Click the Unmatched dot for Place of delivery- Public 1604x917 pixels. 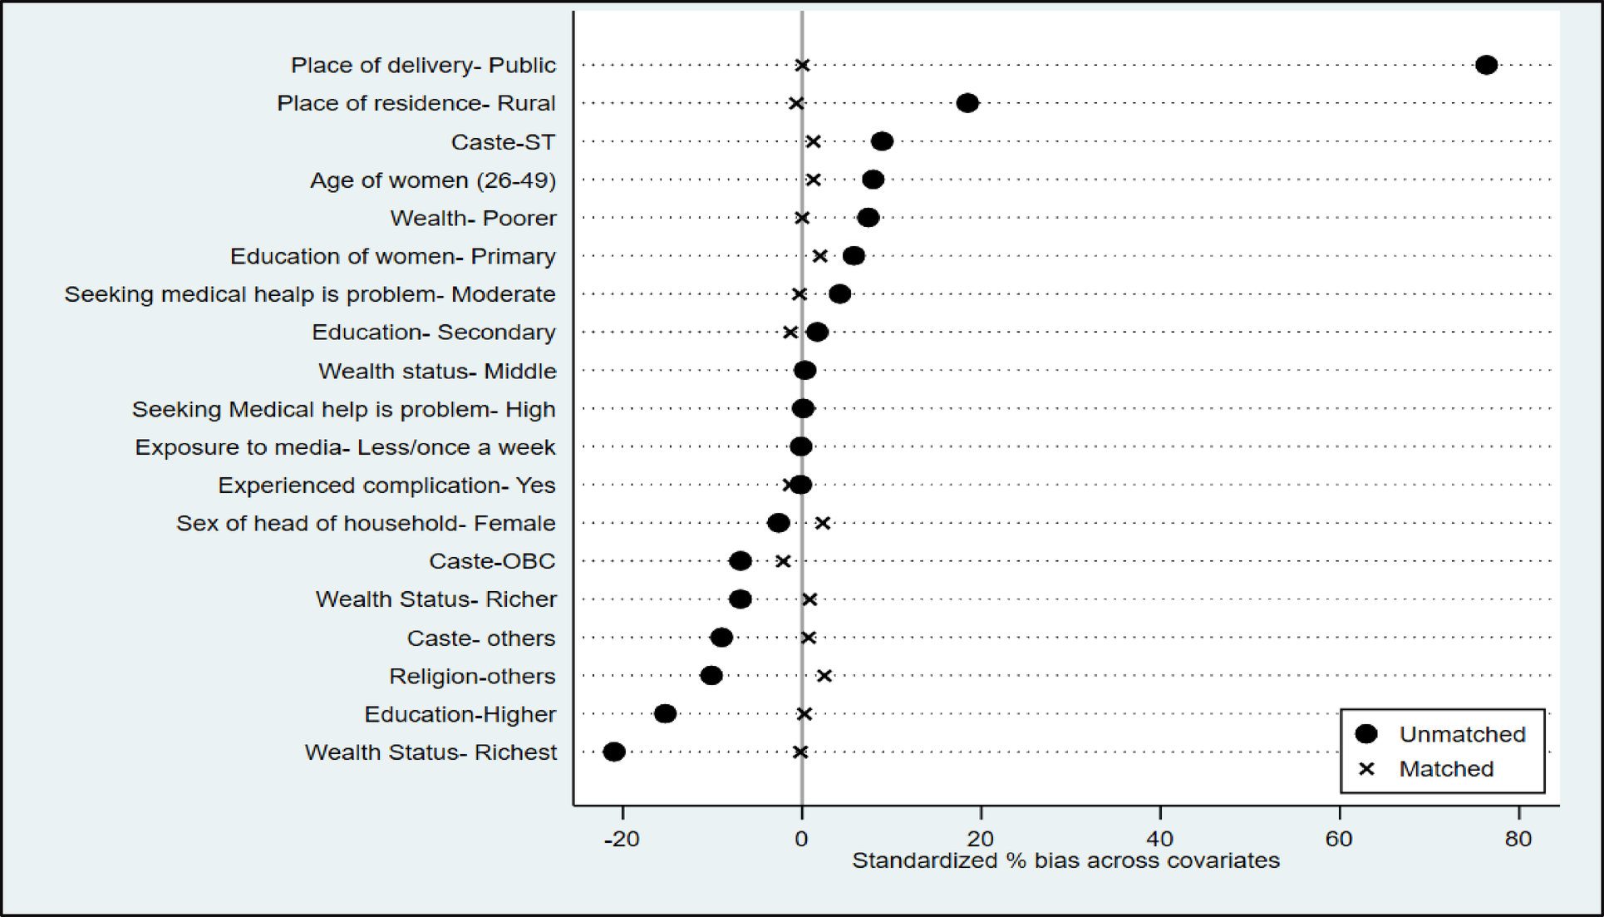click(1486, 65)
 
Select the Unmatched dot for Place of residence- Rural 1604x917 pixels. click(967, 103)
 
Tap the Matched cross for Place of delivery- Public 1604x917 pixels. click(802, 65)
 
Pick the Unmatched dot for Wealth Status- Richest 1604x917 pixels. click(614, 752)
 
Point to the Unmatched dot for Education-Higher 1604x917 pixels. click(665, 713)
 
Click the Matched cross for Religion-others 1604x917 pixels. click(824, 676)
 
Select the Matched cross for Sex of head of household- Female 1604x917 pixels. click(822, 523)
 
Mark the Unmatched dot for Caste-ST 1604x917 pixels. click(882, 141)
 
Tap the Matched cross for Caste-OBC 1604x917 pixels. click(783, 561)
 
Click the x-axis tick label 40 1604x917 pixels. click(1160, 839)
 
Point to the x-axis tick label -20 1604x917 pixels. click(622, 839)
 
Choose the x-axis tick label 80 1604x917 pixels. click(1518, 839)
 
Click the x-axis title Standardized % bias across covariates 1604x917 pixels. click(1065, 861)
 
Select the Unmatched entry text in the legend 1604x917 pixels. click(1462, 734)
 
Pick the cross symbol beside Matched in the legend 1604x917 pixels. click(1366, 769)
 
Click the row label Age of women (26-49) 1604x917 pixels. click(433, 180)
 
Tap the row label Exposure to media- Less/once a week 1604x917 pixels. click(345, 447)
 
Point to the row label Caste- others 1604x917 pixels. click(480, 638)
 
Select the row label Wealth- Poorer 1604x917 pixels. click(473, 219)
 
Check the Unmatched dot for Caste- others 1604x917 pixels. click(721, 638)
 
